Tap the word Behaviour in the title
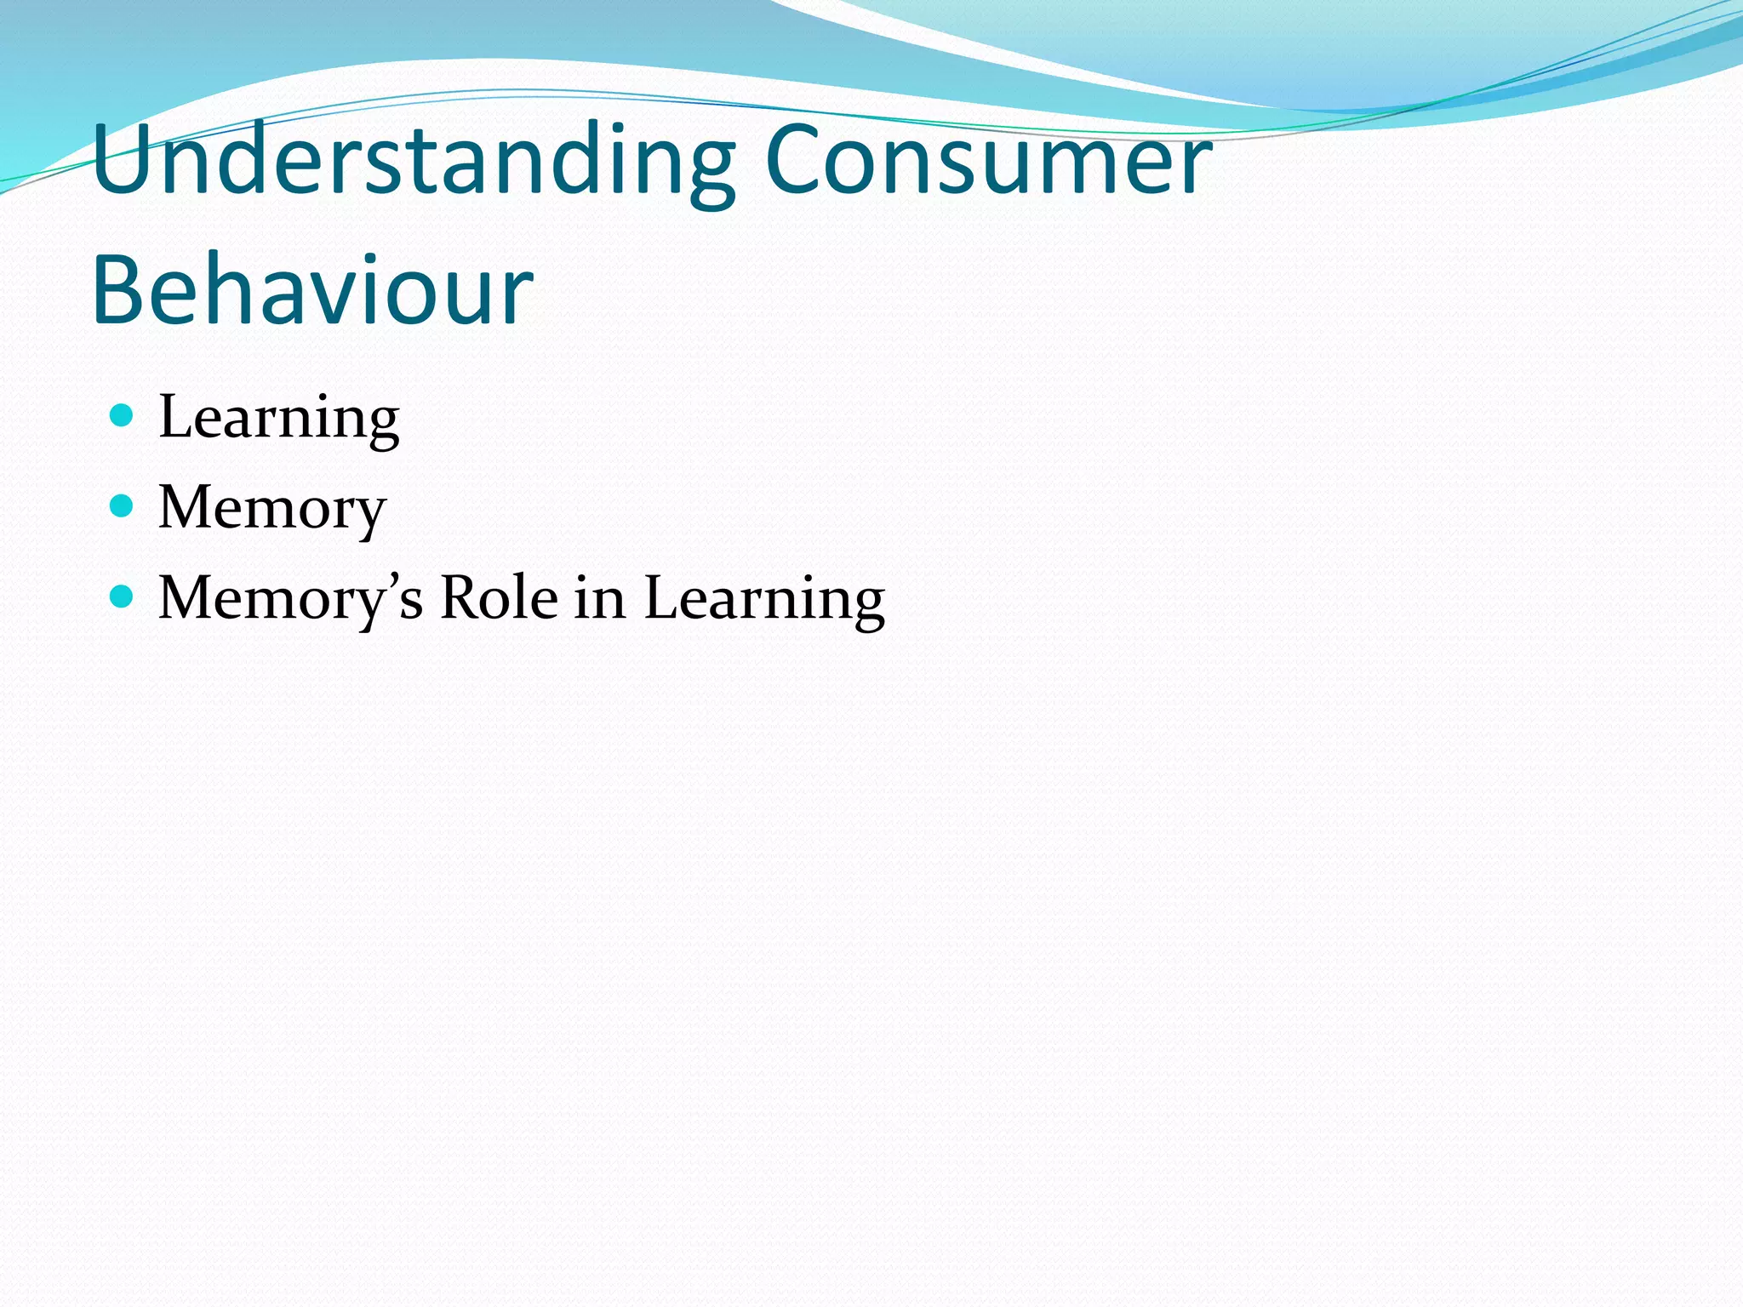311,290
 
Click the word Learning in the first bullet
278,418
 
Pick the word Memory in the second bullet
271,508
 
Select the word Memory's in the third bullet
290,598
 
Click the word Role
498,598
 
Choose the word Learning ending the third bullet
763,598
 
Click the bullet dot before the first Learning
123,415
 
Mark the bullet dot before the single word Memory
123,506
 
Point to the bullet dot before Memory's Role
123,596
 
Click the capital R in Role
460,598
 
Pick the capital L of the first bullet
180,418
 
